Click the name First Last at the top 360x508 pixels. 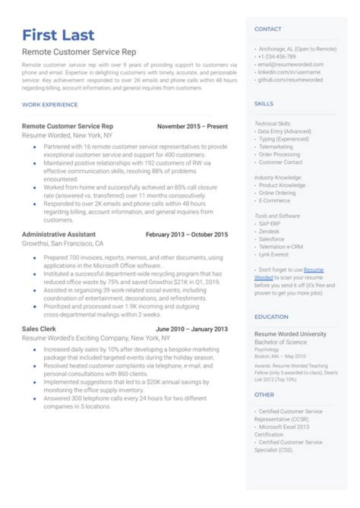click(58, 35)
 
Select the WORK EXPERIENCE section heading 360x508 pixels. click(49, 104)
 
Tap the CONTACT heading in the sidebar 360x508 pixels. click(267, 29)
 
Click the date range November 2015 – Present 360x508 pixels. click(192, 126)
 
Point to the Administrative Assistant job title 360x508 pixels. click(58, 234)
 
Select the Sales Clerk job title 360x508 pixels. click(39, 329)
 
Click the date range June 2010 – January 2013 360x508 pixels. click(191, 329)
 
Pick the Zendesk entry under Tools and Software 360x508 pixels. click(269, 231)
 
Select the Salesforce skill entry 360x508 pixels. click(271, 239)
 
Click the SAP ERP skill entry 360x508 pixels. click(270, 223)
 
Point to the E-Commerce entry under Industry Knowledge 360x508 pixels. click(274, 200)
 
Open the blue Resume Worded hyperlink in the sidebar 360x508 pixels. click(313, 270)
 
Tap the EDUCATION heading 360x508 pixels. click(271, 316)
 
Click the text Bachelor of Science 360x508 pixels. click(280, 342)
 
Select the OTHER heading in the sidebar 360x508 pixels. click(264, 394)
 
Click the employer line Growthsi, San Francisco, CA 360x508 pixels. click(62, 243)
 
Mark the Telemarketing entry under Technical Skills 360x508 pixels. click(275, 147)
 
